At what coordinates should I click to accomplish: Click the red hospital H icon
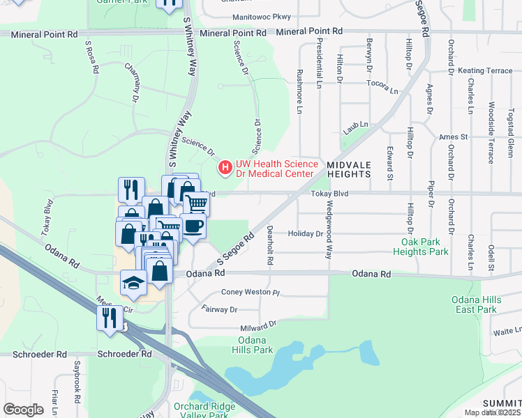coord(225,167)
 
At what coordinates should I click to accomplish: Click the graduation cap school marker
coord(132,283)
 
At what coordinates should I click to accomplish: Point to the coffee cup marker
coord(193,227)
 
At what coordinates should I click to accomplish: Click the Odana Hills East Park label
coord(478,304)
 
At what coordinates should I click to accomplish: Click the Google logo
coord(24,410)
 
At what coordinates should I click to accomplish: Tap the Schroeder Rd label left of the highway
coord(125,354)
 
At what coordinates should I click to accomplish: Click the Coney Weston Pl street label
coord(250,293)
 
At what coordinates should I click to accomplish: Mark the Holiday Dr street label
coord(305,234)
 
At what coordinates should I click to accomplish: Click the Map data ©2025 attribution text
coord(492,412)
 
